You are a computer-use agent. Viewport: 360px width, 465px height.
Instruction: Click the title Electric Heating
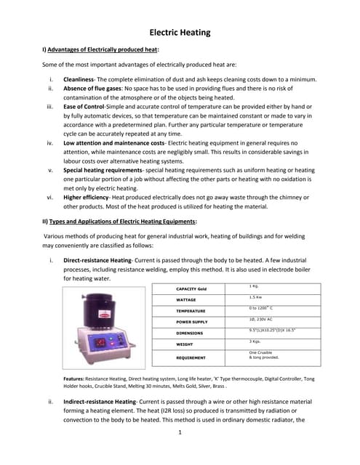tap(180, 32)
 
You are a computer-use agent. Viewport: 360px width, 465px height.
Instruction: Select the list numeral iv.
tap(50, 142)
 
